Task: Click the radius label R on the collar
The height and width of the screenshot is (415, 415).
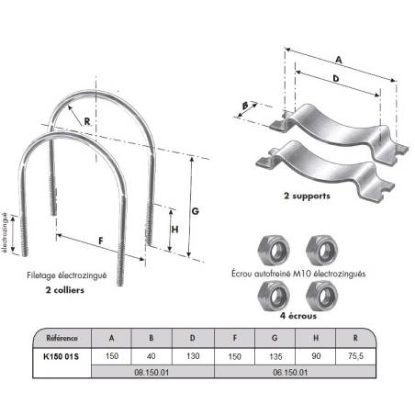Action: click(87, 121)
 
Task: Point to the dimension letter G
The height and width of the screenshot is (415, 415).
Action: click(196, 211)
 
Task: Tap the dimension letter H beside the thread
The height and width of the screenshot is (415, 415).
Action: click(174, 230)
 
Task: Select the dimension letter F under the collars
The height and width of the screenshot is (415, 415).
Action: click(101, 241)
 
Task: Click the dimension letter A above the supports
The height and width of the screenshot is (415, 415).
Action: click(339, 60)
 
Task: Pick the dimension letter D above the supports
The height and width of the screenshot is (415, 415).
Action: click(336, 78)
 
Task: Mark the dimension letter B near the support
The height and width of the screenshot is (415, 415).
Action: click(245, 106)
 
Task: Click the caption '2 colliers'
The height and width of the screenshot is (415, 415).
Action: click(65, 290)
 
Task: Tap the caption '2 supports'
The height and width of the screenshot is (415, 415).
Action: click(307, 196)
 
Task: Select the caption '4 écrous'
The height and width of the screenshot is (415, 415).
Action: click(298, 316)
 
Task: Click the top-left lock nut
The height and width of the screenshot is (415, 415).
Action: click(274, 251)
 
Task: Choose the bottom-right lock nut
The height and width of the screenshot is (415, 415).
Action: click(322, 296)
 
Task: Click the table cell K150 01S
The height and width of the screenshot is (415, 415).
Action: click(62, 356)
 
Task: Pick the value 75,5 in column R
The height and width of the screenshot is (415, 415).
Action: click(355, 356)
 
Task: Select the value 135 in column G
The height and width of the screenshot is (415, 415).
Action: click(275, 356)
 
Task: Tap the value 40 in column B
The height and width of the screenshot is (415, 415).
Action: click(151, 356)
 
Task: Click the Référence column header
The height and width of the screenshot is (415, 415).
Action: click(62, 338)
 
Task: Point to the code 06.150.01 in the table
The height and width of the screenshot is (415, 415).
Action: click(290, 373)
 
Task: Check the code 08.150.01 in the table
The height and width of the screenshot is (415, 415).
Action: click(151, 373)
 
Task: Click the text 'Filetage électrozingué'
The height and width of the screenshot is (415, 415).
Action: click(67, 275)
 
